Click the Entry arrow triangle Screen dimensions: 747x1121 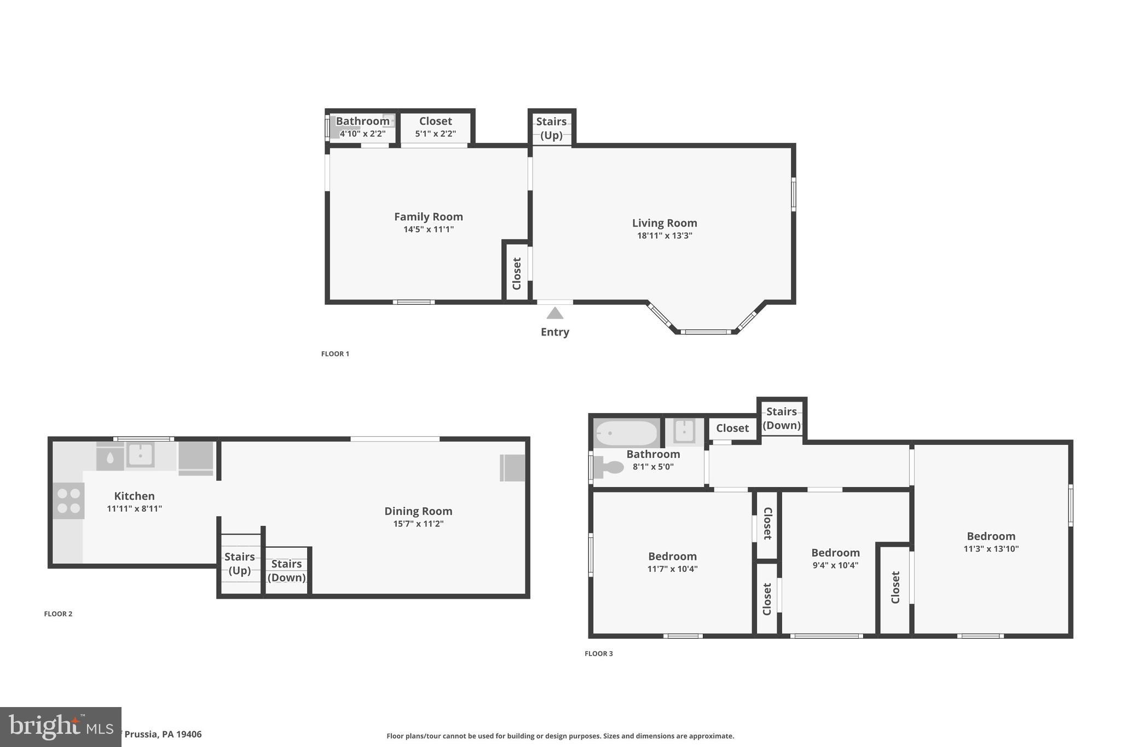(x=554, y=313)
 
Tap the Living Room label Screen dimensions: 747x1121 (x=664, y=223)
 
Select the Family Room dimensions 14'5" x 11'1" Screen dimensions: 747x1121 (x=428, y=229)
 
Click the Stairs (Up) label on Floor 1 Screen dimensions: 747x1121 (x=551, y=128)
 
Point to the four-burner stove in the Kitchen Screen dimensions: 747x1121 (x=69, y=501)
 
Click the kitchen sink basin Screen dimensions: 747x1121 (x=140, y=455)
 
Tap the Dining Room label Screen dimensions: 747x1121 (x=418, y=511)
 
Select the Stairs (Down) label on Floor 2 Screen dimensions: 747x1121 (x=286, y=570)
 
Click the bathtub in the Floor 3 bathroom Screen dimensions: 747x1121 (x=626, y=433)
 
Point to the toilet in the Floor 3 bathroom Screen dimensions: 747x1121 (x=609, y=467)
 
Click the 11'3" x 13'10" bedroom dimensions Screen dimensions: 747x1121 (x=991, y=549)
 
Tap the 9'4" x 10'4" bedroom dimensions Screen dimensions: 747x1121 (x=835, y=565)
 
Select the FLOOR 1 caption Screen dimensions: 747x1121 (x=335, y=354)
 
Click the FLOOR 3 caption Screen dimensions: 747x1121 (x=598, y=653)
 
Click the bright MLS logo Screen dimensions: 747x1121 (x=60, y=727)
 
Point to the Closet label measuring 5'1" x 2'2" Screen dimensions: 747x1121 (x=435, y=121)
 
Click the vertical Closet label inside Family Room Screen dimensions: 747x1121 (x=516, y=274)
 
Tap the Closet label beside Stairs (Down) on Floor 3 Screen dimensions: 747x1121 (x=732, y=428)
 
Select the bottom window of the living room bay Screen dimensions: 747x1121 (x=706, y=332)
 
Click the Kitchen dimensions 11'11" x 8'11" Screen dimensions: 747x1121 (x=134, y=509)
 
